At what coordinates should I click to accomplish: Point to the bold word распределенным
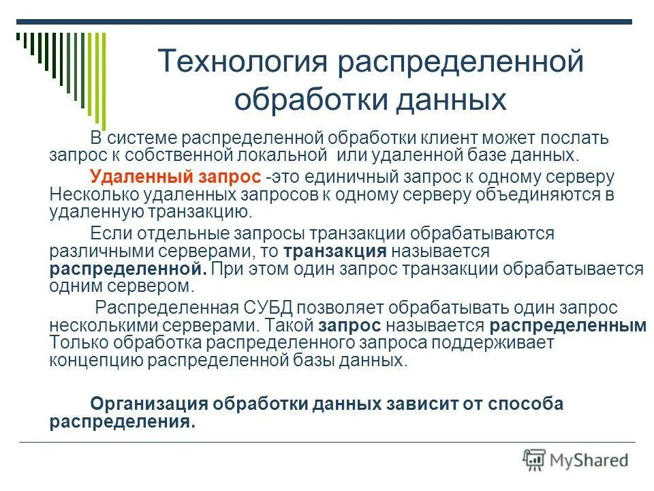coord(567,325)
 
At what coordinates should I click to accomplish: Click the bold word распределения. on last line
coord(122,421)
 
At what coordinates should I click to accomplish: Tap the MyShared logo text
coord(589,460)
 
